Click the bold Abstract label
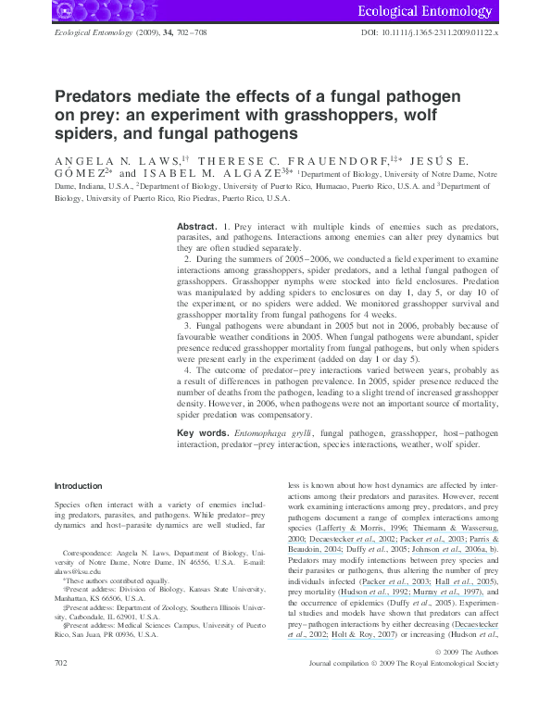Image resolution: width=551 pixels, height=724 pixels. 196,226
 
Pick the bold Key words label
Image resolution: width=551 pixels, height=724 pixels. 202,433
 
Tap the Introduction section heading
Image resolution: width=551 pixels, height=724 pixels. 78,486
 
